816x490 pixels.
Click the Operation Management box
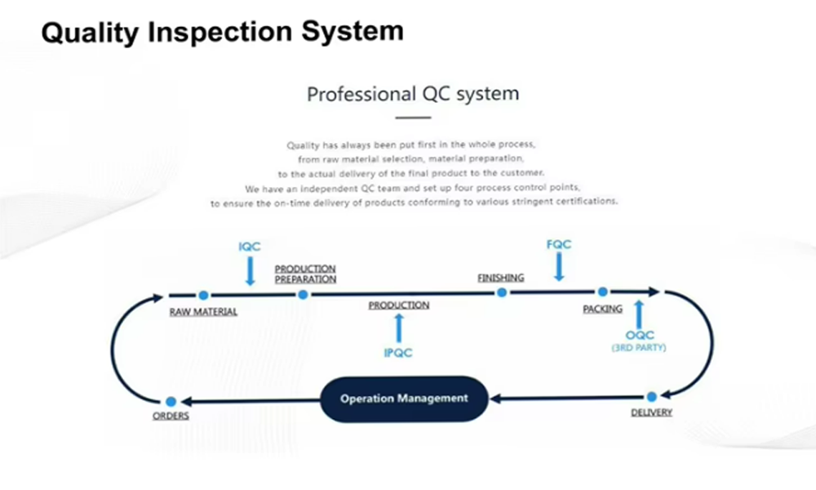pos(404,399)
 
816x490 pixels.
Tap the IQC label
pos(250,246)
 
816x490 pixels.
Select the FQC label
pos(558,244)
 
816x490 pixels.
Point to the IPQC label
pos(398,353)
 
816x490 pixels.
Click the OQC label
pos(640,335)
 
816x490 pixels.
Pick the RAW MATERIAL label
pos(203,312)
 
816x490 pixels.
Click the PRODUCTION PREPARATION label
pos(305,274)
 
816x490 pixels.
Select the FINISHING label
pos(500,278)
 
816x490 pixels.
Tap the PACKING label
pos(602,309)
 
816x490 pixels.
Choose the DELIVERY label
pos(651,412)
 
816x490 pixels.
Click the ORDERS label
pos(171,416)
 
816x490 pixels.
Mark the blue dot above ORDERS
pos(171,401)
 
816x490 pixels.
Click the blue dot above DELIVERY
pos(651,398)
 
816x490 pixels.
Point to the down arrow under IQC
pos(250,269)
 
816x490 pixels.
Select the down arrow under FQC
pos(558,266)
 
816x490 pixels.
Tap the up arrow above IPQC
pos(398,327)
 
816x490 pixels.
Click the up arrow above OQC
pos(639,313)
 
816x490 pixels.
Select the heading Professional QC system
pos(412,93)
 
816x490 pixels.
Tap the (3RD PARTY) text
pos(639,348)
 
